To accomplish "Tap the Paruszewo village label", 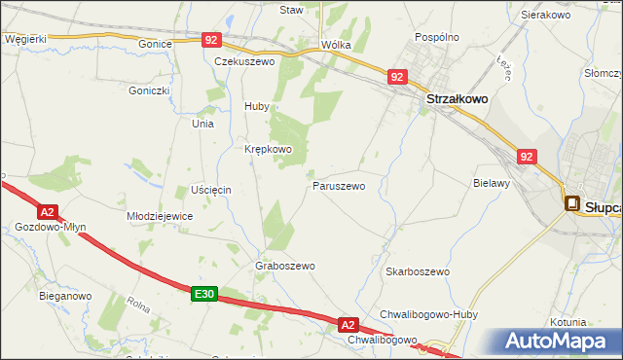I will click(x=339, y=185).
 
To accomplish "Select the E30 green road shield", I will click(x=202, y=294).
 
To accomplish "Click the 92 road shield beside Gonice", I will click(x=213, y=40).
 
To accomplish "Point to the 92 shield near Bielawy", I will click(x=527, y=156).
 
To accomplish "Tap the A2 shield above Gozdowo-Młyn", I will click(x=47, y=211).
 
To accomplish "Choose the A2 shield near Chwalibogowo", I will click(x=349, y=324).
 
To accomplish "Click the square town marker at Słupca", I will click(x=571, y=204).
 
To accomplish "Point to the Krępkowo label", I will click(x=268, y=149).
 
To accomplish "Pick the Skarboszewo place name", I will click(x=417, y=271).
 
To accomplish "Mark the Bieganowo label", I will click(x=65, y=295).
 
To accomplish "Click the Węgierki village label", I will click(x=25, y=38).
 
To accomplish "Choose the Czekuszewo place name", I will click(x=245, y=60).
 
